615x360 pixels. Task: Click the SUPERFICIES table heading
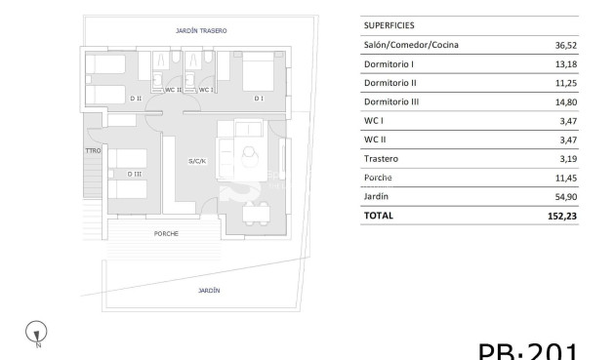click(x=389, y=25)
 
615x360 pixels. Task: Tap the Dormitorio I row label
click(x=389, y=63)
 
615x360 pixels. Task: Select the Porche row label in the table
click(x=378, y=178)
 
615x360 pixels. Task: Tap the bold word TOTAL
click(x=378, y=216)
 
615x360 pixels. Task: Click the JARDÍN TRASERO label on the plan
click(x=201, y=31)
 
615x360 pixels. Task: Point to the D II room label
click(x=135, y=99)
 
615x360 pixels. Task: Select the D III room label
click(x=135, y=174)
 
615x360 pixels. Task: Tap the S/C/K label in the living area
click(x=197, y=160)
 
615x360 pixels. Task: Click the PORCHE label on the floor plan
click(x=166, y=234)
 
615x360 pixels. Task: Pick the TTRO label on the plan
click(x=94, y=150)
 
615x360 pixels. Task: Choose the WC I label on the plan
click(x=205, y=90)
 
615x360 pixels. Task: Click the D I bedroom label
click(x=259, y=99)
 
